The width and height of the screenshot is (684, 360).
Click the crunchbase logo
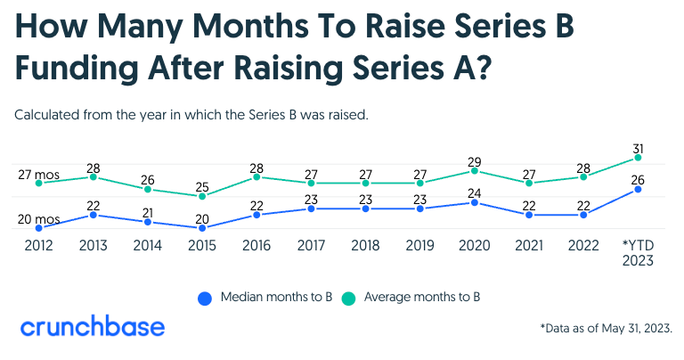click(93, 326)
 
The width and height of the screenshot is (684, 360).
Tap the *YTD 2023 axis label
click(638, 253)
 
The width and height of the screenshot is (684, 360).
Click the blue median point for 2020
click(476, 202)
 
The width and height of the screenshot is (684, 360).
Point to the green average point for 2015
click(202, 196)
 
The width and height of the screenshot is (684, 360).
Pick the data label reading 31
click(638, 148)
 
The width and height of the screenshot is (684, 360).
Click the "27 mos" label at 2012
click(37, 175)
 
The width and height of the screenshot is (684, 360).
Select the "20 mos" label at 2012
click(37, 219)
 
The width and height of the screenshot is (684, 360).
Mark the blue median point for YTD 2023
click(638, 189)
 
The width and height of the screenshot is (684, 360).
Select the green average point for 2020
click(476, 170)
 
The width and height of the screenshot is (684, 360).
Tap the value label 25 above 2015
click(202, 186)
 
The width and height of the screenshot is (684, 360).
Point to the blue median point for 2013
click(93, 215)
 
